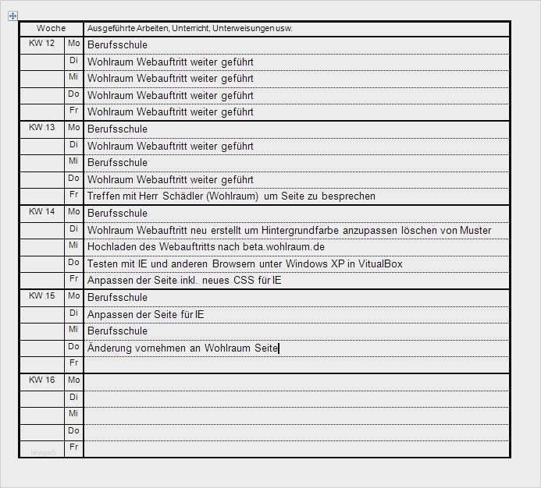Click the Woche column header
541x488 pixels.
52,28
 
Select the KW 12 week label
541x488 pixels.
41,43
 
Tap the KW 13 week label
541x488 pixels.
41,127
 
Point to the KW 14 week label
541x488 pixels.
41,211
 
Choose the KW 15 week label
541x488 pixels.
41,295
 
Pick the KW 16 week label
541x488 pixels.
41,380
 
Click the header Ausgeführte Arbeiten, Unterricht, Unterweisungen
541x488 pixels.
190,29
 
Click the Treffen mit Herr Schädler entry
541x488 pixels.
231,196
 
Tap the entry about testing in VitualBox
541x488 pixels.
244,263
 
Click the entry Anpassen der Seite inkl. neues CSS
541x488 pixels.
195,281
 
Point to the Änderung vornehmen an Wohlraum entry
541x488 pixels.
183,348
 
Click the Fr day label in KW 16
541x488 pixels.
73,447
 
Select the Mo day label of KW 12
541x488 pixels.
73,43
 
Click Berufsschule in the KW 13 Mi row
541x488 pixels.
117,163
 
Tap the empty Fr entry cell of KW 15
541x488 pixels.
297,364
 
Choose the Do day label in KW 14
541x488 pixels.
73,262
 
